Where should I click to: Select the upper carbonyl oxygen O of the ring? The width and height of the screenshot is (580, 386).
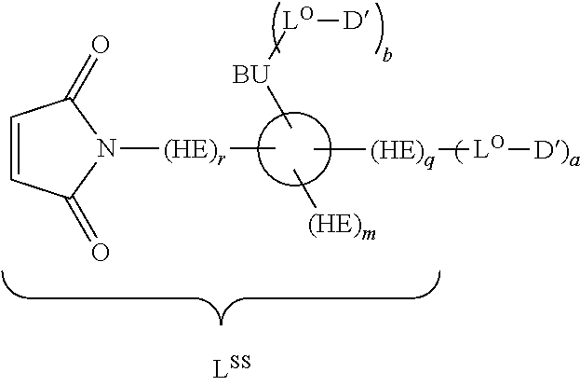[101, 45]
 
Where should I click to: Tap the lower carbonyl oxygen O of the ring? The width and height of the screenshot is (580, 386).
[101, 251]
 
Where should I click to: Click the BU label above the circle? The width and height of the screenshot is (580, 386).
[250, 75]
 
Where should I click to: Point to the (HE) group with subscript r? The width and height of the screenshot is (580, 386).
[192, 149]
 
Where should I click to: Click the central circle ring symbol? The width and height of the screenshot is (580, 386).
[294, 149]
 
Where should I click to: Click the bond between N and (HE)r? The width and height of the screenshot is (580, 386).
[141, 148]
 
